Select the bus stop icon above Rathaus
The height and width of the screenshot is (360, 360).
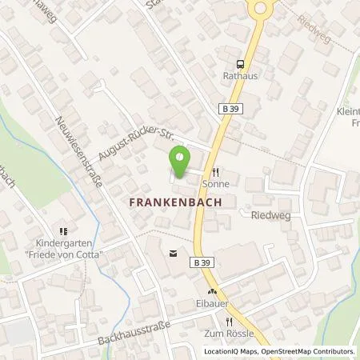238,64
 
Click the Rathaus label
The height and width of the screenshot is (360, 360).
238,77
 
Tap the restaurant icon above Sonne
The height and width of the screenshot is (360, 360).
216,171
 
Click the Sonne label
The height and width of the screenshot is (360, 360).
216,183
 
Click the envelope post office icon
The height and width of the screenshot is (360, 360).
172,254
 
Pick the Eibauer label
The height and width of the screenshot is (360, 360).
214,304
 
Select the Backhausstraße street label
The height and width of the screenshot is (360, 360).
130,329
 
